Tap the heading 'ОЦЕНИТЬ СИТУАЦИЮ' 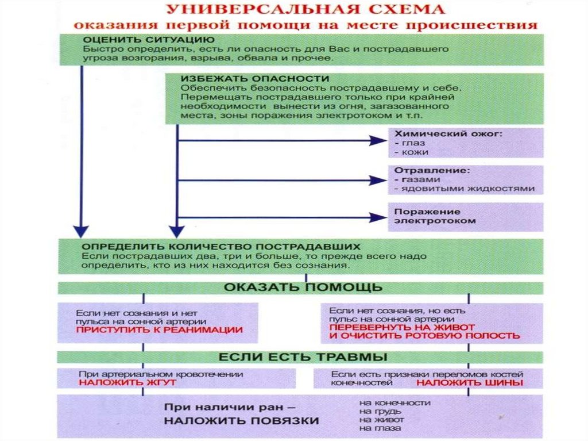141,40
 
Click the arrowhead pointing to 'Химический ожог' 379,140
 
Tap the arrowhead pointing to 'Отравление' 379,180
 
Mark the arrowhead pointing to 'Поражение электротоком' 379,217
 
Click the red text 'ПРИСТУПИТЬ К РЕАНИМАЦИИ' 160,331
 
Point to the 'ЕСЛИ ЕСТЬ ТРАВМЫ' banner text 302,356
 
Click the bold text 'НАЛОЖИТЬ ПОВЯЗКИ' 242,420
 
